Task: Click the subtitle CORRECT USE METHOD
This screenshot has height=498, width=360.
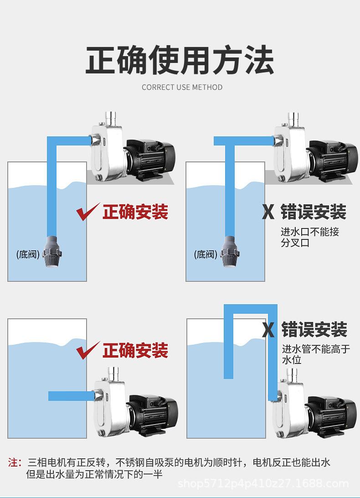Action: [x=182, y=87]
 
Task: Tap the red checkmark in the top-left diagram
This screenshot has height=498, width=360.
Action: [x=87, y=213]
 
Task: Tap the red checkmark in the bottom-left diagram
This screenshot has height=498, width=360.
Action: [x=87, y=351]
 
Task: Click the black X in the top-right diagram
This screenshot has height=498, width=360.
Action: [x=268, y=212]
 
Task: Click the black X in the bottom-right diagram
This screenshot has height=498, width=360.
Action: [x=268, y=330]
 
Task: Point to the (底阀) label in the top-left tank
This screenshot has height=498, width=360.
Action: [x=27, y=254]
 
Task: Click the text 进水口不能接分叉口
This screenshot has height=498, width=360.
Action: [x=310, y=237]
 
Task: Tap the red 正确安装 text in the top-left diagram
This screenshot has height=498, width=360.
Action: [x=135, y=212]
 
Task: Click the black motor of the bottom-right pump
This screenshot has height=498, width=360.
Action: [x=330, y=413]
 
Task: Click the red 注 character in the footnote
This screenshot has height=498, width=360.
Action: [x=13, y=462]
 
